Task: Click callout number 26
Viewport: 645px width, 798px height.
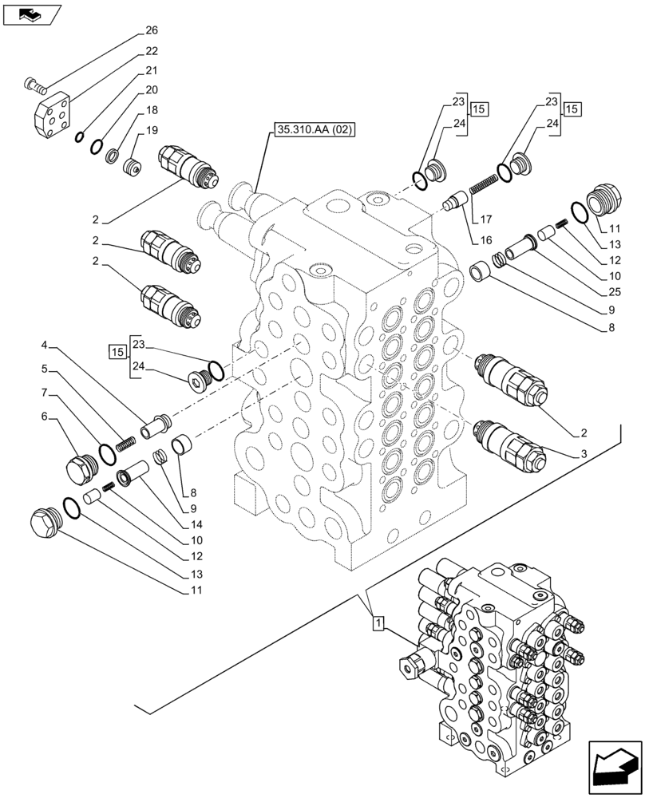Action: click(x=152, y=32)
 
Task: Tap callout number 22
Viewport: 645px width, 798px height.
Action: click(x=152, y=51)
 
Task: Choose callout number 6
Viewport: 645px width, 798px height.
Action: click(x=46, y=416)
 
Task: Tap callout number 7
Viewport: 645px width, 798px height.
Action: click(x=46, y=393)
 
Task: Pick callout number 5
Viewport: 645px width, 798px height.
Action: click(x=46, y=369)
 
